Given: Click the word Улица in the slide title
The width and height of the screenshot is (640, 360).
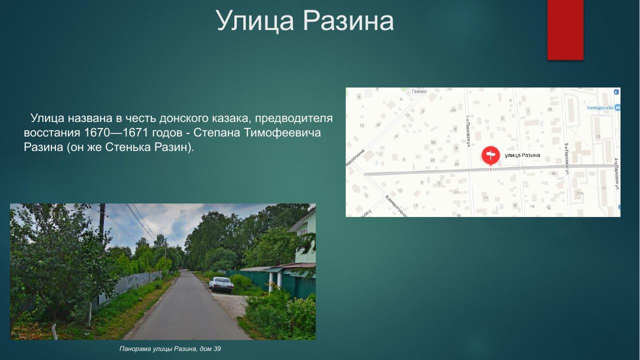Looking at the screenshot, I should point(254,21).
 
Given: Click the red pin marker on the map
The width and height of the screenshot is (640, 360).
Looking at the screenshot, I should point(490,155).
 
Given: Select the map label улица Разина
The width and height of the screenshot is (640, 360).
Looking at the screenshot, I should point(522,155).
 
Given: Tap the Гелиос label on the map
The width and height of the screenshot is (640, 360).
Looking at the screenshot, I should point(419,91).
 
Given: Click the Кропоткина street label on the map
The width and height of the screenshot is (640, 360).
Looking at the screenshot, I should point(355,157).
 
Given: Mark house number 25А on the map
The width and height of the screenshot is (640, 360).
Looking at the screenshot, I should point(579,193).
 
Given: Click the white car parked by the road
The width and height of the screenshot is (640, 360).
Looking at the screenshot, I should point(221,284).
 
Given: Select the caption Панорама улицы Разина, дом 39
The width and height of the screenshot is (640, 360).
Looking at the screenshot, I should point(170,348).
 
